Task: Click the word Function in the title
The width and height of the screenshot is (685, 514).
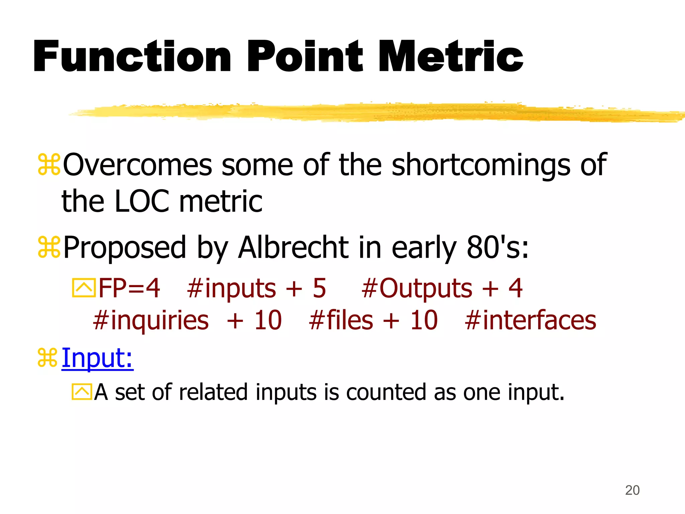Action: (x=132, y=56)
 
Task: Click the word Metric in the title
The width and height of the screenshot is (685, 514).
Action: (x=451, y=56)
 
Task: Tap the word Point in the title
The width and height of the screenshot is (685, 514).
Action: (x=305, y=56)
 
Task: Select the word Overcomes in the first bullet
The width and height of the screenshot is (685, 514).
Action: (x=137, y=165)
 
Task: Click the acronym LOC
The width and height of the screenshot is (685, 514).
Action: (x=142, y=201)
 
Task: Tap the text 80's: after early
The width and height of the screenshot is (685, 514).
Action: (x=498, y=248)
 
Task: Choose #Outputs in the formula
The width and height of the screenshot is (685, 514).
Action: (x=417, y=288)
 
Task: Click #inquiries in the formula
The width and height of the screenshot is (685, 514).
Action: (x=151, y=321)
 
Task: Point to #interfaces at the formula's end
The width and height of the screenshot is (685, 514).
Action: (x=530, y=320)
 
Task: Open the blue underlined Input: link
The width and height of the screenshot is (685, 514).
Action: (x=97, y=358)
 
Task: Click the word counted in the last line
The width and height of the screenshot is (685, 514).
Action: (x=386, y=392)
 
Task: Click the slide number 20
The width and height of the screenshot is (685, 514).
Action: (x=632, y=490)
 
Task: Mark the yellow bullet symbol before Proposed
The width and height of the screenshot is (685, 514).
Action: (x=49, y=247)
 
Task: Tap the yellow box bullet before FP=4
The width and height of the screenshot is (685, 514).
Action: (x=84, y=288)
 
